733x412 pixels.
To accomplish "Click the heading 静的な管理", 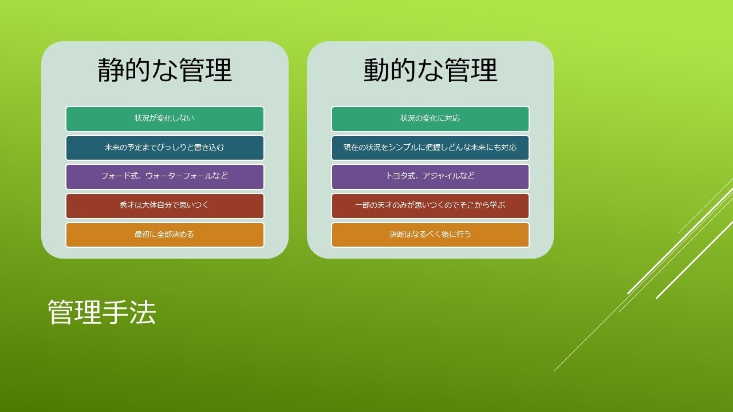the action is coord(165,70).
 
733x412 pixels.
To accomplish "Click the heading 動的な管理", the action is coord(430,70).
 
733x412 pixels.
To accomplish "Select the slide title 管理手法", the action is coord(102,312).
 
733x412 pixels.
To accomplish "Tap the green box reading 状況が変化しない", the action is coord(165,118).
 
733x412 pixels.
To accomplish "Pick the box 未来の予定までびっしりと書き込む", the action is coord(165,148).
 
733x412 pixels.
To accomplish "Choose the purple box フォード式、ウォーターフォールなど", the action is coord(165,177).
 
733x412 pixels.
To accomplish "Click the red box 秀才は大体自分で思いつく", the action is coord(165,206).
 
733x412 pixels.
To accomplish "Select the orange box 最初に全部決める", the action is coord(165,235).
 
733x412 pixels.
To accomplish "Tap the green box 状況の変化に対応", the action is coord(430,118).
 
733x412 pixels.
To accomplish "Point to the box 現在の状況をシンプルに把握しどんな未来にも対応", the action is coord(430,148).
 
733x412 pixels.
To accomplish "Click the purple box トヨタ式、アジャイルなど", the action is coord(430,177).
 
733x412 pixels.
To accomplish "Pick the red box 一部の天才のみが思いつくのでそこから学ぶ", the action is coord(430,206).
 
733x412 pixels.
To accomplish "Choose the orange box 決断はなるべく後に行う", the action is coord(430,235).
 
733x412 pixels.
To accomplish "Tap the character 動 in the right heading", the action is coord(377,70).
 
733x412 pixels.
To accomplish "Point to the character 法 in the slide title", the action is coord(143,312).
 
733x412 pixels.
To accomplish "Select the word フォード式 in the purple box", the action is coord(120,176).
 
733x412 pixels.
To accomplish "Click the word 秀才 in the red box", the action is coord(127,205).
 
